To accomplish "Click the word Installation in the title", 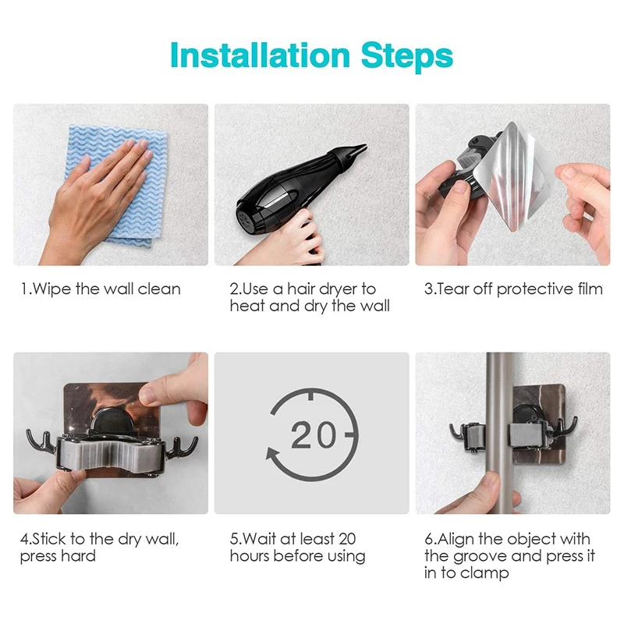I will (x=260, y=56).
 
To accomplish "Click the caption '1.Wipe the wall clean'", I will (x=100, y=289).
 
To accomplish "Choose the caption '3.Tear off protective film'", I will (x=513, y=289).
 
